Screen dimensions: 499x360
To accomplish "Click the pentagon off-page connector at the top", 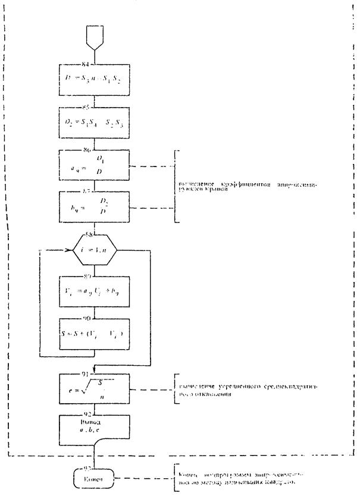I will tap(95, 38).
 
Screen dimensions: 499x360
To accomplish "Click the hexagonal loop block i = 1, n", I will tap(95, 252).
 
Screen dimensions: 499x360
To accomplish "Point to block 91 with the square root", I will tap(95, 390).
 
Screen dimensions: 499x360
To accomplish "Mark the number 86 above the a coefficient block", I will tap(94, 150).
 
